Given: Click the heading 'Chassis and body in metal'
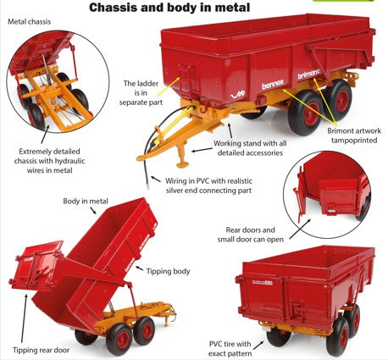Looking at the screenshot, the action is (x=169, y=8).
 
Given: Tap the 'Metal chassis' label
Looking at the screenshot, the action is (x=29, y=22).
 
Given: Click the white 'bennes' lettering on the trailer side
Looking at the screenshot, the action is (x=272, y=84).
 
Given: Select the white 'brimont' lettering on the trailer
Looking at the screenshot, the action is (x=309, y=74).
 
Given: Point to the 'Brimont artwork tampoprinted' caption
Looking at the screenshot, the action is (x=354, y=136).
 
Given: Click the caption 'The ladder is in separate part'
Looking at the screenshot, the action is (x=141, y=93).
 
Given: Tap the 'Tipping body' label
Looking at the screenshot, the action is (x=168, y=271).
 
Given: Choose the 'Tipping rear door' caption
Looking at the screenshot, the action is (x=41, y=350).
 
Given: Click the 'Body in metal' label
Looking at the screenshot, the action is (x=86, y=201).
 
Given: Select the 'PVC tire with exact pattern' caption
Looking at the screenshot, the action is (x=230, y=349).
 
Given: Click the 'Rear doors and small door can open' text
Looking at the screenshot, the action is (x=250, y=235).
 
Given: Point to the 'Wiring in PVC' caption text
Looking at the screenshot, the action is (x=208, y=186).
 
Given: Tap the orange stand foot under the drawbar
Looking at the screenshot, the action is (x=183, y=163).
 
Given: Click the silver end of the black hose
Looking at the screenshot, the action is (x=147, y=186).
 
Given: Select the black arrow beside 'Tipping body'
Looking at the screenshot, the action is (x=139, y=268).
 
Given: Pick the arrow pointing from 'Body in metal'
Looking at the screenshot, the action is (x=93, y=210).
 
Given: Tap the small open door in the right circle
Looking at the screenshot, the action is (x=338, y=197).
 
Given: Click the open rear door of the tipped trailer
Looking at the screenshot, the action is (x=36, y=265).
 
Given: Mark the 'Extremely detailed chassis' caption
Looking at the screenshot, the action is (x=49, y=161).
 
